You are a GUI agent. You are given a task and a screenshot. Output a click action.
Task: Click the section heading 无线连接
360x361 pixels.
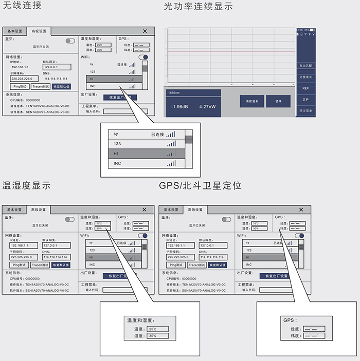coord(22,6)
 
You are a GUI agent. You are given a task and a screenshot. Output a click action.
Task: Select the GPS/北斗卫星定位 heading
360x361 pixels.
coord(201,185)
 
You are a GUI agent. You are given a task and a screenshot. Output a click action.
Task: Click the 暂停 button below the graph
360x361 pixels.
coord(278,101)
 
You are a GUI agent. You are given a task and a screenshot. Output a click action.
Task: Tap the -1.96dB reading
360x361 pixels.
coord(179,107)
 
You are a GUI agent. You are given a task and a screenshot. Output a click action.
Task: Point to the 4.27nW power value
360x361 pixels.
coord(207,107)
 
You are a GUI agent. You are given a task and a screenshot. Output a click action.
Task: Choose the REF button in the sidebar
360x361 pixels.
coord(305,88)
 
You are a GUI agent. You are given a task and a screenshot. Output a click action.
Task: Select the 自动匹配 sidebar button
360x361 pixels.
coord(305,66)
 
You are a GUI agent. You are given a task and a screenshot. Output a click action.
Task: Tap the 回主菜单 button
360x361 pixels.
coord(305,110)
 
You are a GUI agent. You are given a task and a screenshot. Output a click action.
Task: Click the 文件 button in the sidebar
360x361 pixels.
coord(305,99)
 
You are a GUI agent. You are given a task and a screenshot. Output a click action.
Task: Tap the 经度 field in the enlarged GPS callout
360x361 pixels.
coord(314,328)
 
